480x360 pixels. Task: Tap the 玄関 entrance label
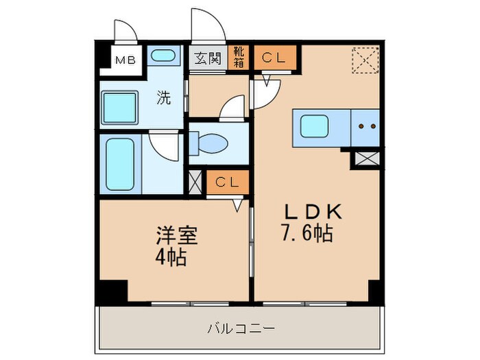point(206,58)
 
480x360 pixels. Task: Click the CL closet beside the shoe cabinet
point(275,58)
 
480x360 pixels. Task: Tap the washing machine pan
point(121,107)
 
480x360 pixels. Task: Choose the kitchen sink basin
point(313,126)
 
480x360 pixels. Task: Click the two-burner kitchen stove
point(365,128)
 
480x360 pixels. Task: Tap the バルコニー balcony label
point(241,328)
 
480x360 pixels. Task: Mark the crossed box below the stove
point(365,160)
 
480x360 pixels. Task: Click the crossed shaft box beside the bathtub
point(195,182)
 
